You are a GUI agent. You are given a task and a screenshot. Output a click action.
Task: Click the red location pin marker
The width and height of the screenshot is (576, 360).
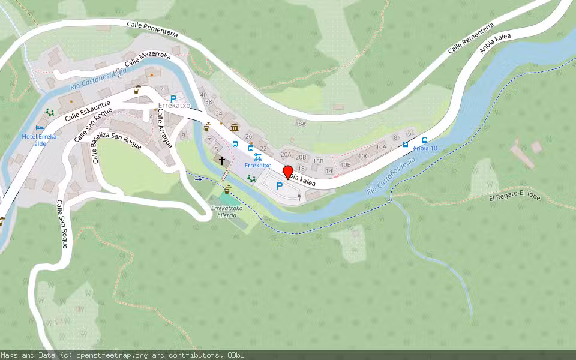(x=287, y=171)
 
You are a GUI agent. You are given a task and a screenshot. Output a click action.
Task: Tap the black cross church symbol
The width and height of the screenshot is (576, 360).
(x=222, y=161)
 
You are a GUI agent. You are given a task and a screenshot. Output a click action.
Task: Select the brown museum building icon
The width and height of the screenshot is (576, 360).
(x=235, y=127)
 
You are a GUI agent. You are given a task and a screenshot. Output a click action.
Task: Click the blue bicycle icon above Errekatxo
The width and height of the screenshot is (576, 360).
(x=257, y=157)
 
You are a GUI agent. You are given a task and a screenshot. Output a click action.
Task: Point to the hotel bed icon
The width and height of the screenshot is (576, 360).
(x=40, y=128)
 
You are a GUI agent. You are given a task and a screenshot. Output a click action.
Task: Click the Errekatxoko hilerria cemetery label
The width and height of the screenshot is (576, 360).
(x=227, y=212)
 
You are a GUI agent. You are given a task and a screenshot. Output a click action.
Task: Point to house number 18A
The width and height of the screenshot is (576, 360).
(x=300, y=124)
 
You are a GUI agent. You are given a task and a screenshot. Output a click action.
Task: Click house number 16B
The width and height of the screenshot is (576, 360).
(x=318, y=161)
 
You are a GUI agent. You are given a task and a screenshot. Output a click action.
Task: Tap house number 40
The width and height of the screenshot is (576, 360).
(x=203, y=95)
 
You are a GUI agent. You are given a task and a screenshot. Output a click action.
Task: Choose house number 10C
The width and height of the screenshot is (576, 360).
(x=364, y=156)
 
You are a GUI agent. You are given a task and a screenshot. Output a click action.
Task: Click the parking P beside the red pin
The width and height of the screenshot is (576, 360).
(x=279, y=187)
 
